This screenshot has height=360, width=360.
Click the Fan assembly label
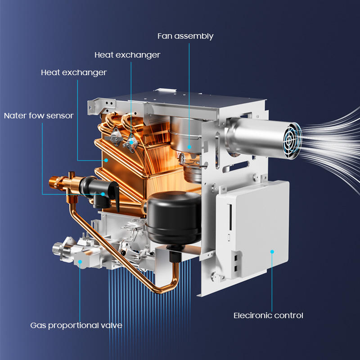point(185,36)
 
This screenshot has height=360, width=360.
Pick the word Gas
point(38,325)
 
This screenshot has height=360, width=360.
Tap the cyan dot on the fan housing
point(189,147)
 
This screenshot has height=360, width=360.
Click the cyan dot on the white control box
point(272,252)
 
